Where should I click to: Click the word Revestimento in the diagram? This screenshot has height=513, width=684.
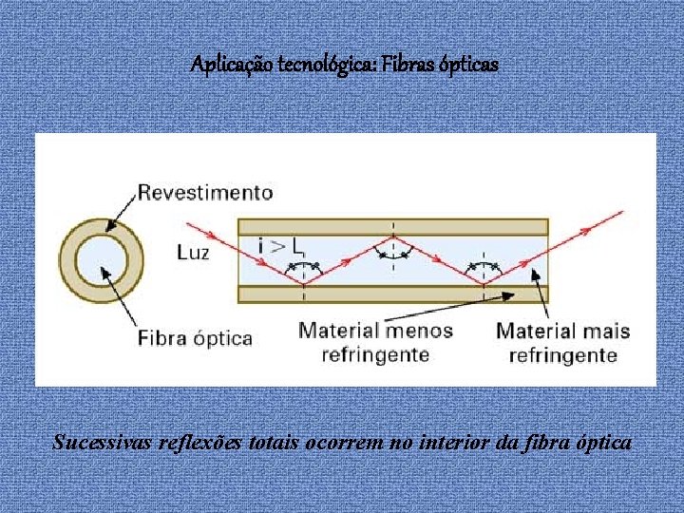tap(205, 193)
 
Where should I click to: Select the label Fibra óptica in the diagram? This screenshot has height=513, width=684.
tap(196, 338)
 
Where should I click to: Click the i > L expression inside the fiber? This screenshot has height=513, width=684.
tap(281, 247)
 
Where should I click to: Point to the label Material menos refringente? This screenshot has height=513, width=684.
tap(376, 343)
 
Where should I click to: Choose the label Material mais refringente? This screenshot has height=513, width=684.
tap(563, 343)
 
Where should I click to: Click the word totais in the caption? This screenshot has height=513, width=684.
tap(283, 443)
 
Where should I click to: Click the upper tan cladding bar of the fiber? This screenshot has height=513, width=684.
tap(392, 227)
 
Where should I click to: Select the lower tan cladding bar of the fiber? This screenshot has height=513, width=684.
tap(392, 294)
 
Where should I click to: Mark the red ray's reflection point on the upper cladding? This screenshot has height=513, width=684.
tap(393, 235)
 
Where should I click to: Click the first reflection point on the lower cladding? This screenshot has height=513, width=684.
tap(304, 285)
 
